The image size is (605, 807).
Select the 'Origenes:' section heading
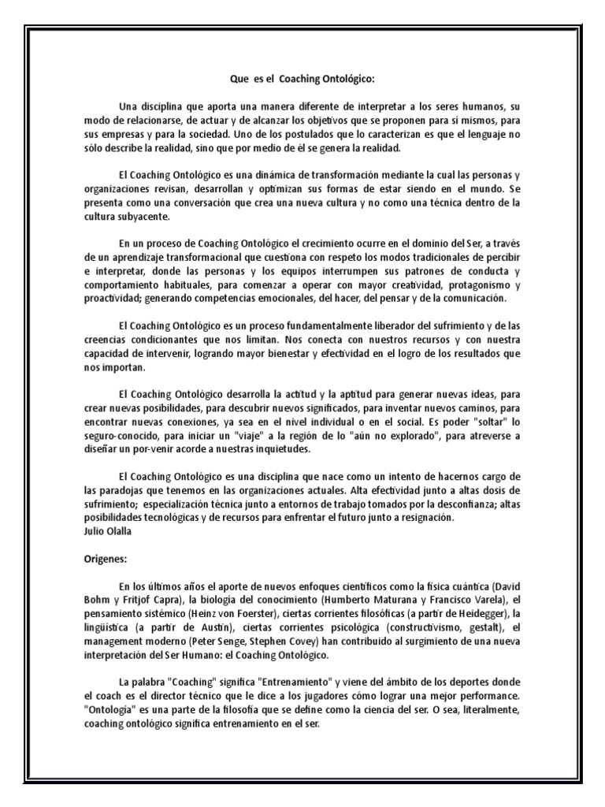pos(106,557)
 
